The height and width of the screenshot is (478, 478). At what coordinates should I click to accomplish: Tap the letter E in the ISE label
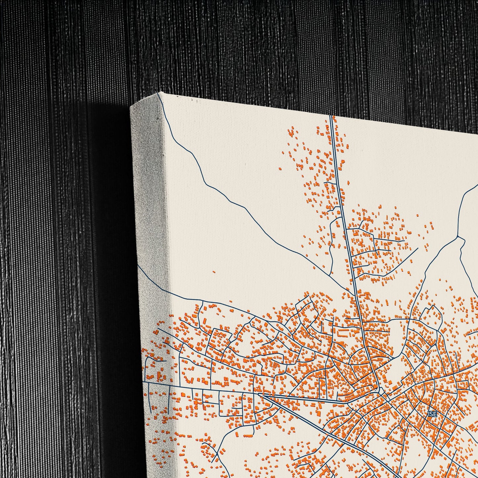coord(435,414)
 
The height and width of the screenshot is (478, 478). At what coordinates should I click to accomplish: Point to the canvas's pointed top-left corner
coord(159,93)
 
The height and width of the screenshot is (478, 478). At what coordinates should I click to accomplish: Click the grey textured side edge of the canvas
coord(149,198)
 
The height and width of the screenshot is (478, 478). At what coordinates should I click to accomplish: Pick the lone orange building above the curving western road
coord(214,272)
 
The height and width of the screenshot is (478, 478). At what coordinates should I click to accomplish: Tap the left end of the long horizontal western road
coord(144,382)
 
